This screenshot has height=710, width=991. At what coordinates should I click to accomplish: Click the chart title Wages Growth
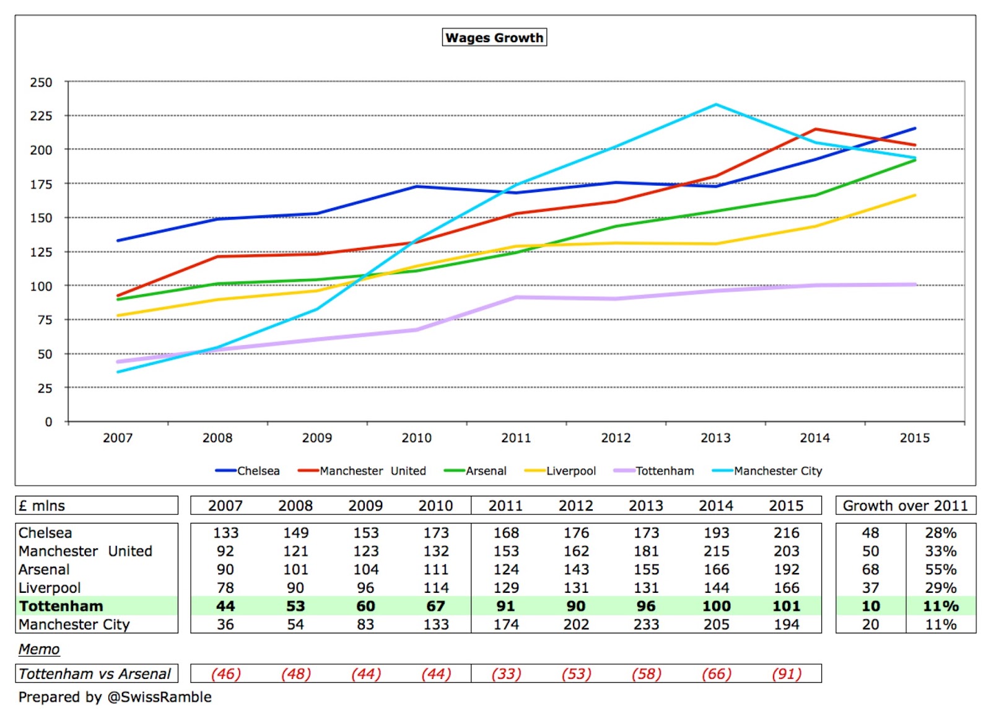[494, 38]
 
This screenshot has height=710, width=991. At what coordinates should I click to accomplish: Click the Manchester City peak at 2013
[715, 105]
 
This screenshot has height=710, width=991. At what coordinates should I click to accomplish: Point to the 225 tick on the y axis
[41, 116]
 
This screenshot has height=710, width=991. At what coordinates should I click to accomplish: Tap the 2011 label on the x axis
[516, 438]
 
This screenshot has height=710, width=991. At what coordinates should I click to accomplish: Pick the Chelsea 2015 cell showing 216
[786, 533]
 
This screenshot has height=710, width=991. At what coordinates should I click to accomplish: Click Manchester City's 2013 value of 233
[646, 625]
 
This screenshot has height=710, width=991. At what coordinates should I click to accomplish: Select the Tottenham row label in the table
[61, 606]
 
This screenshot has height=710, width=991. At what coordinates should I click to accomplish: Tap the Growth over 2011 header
[905, 506]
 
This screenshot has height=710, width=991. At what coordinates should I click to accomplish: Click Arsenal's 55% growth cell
[940, 569]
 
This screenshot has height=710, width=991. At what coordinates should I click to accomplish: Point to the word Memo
[39, 649]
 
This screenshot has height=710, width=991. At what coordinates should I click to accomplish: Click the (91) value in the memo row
[786, 673]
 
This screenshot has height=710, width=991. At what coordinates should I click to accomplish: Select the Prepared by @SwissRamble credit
[115, 697]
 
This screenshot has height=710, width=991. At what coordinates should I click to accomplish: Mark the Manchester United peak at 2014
[815, 129]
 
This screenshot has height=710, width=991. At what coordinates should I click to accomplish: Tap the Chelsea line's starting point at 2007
[118, 240]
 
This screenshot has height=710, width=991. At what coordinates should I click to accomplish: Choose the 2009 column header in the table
[365, 506]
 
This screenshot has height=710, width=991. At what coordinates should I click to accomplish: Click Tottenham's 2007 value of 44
[225, 606]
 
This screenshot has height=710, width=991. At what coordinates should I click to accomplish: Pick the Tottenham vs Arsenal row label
[95, 673]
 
